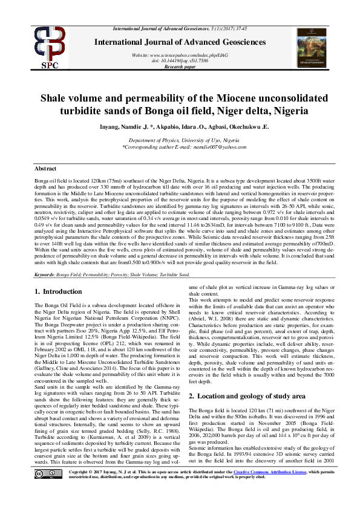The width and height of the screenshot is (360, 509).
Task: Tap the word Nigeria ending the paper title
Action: coord(290,111)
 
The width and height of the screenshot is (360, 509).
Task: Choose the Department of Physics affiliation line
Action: coord(179,140)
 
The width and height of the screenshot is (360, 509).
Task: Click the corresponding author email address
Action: coord(206,146)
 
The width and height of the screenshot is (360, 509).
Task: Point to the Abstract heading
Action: coord(45,168)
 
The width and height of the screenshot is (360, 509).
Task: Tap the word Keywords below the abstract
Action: coord(44,274)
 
